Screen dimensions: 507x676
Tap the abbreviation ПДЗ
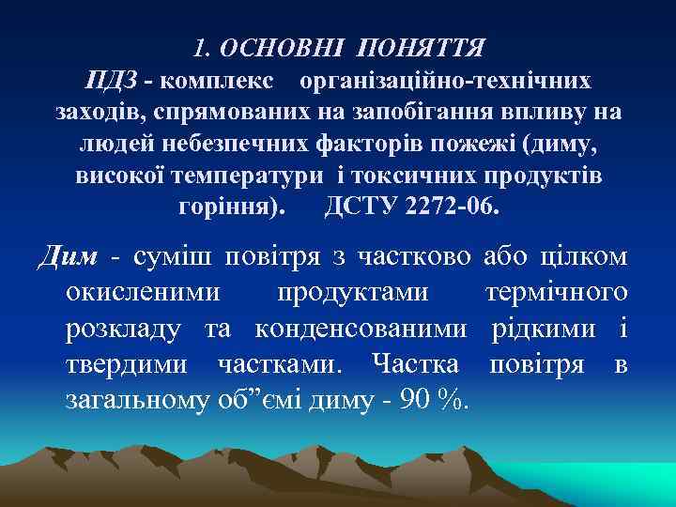tap(118, 80)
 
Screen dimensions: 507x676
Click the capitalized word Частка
tap(416, 364)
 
